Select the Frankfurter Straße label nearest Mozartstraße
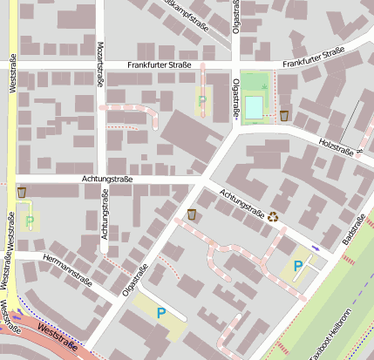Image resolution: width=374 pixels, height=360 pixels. click(159, 65)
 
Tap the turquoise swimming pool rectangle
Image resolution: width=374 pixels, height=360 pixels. click(254, 105)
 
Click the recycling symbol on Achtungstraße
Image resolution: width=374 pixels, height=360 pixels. click(273, 216)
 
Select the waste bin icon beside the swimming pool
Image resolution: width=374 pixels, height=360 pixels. click(284, 115)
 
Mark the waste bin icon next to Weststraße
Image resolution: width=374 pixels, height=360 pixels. click(21, 192)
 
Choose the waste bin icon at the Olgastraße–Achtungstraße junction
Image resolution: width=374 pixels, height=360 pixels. click(192, 214)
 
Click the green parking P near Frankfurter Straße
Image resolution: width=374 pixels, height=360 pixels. click(202, 101)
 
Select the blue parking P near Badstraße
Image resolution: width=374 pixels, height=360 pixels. click(298, 267)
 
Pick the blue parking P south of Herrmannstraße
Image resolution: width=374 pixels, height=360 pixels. click(160, 313)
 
